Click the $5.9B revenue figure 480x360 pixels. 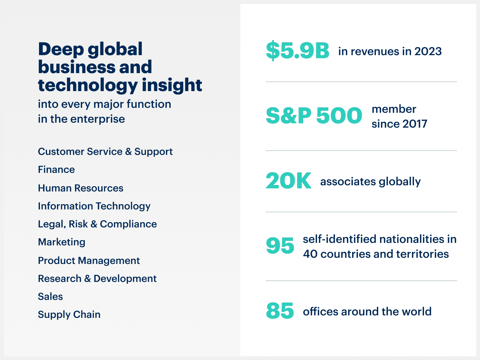297,50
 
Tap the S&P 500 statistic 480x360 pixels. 314,116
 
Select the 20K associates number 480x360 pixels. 288,181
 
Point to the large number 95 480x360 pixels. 280,246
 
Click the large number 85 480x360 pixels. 280,311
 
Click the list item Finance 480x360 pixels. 56,169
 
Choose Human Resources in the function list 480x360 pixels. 81,188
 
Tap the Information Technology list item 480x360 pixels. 94,206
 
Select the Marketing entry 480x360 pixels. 62,242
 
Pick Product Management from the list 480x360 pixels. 89,261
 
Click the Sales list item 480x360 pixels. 50,296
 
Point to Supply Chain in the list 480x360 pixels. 69,314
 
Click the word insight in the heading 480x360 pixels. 172,85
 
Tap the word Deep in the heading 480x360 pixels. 61,50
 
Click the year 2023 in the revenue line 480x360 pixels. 428,51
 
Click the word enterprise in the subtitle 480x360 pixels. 98,119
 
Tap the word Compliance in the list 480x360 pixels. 128,224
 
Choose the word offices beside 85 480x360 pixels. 321,311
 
